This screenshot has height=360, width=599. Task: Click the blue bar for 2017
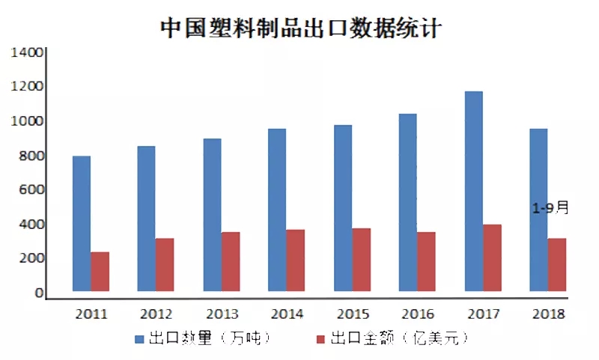[x=473, y=191]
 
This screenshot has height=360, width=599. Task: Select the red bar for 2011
[x=100, y=272]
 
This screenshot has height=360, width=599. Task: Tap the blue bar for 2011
[x=82, y=223]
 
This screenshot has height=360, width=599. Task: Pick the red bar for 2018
[x=557, y=265]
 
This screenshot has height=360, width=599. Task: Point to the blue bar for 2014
[x=277, y=210]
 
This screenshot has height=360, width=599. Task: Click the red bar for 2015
[x=361, y=260]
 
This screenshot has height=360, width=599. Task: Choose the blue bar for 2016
[x=408, y=202]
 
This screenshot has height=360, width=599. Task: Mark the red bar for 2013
[x=231, y=261]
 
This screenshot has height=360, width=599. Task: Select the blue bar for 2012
[x=147, y=219]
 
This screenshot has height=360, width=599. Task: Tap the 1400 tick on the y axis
[x=28, y=53]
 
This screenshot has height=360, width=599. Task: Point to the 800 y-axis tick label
[x=31, y=156]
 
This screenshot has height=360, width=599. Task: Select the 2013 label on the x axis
[x=222, y=314]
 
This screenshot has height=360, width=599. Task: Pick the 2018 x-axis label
[x=549, y=314]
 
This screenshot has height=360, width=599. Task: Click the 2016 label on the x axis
[x=418, y=314]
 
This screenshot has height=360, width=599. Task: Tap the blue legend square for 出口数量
[x=141, y=339]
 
